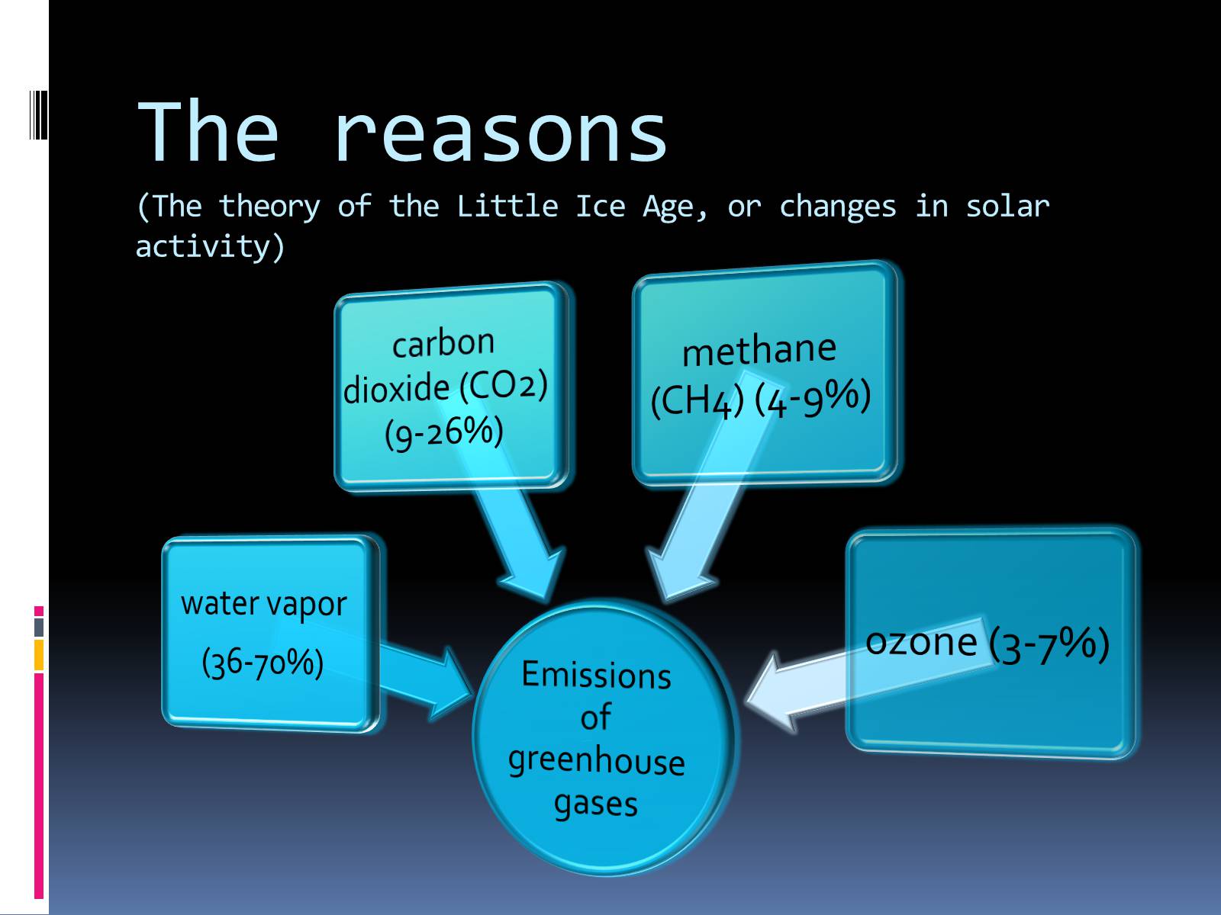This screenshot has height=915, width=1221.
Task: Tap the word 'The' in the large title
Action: click(x=208, y=131)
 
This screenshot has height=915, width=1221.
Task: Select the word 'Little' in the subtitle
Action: click(x=507, y=206)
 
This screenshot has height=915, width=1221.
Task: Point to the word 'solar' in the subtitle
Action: click(x=1007, y=206)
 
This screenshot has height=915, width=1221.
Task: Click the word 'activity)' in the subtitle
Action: click(x=211, y=246)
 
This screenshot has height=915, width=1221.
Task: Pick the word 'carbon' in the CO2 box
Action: click(x=443, y=344)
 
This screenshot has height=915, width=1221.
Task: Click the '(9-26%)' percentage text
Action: click(x=444, y=433)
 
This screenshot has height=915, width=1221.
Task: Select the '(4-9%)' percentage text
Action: click(x=813, y=398)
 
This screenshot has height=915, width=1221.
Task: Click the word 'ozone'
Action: click(x=921, y=643)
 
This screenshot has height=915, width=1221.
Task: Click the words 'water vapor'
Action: click(x=264, y=605)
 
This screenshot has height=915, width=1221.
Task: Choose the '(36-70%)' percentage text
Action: click(x=263, y=662)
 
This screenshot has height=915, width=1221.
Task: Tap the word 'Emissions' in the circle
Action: click(x=596, y=675)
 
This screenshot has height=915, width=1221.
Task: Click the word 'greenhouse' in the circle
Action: click(x=596, y=761)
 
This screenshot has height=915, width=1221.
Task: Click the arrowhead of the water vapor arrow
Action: click(x=449, y=683)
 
